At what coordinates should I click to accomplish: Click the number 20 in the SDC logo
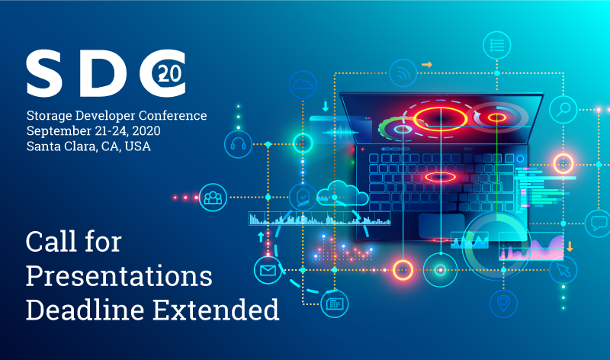[170, 73]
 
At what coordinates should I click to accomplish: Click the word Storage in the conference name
[49, 116]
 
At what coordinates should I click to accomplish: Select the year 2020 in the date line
[146, 130]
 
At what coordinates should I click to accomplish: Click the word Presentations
[119, 276]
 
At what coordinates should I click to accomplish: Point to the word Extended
[216, 310]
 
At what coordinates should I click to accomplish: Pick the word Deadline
[85, 310]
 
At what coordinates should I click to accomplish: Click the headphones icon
[238, 144]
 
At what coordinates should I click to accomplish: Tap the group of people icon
[213, 198]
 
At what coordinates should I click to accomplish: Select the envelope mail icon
[268, 270]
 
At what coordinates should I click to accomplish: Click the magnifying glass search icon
[563, 110]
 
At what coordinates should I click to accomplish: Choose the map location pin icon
[503, 304]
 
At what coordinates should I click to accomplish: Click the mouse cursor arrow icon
[563, 270]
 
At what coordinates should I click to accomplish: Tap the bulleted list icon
[497, 45]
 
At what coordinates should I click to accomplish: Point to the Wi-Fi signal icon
[403, 73]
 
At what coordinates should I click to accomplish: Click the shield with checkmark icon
[303, 197]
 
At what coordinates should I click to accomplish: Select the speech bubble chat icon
[598, 223]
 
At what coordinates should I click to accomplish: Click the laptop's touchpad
[441, 226]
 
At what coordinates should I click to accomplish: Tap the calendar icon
[334, 304]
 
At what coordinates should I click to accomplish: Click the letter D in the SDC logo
[103, 73]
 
